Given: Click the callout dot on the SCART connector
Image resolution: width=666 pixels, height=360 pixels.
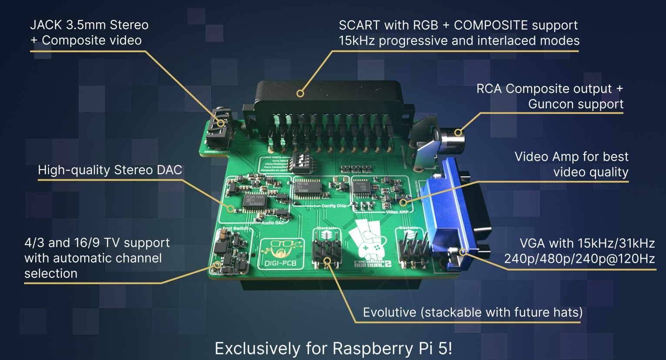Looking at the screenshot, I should pyautogui.click(x=300, y=93).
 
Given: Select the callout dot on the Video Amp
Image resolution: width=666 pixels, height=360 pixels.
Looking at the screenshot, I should pyautogui.click(x=403, y=202).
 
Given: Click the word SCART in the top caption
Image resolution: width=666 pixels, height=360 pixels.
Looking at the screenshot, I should pyautogui.click(x=359, y=25).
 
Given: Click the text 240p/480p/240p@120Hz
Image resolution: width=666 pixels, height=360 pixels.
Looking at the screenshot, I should pyautogui.click(x=579, y=259).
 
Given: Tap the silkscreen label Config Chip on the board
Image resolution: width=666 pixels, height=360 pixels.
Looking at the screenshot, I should pyautogui.click(x=334, y=206).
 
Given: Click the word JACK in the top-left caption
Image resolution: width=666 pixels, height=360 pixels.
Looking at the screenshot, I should pyautogui.click(x=46, y=25).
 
